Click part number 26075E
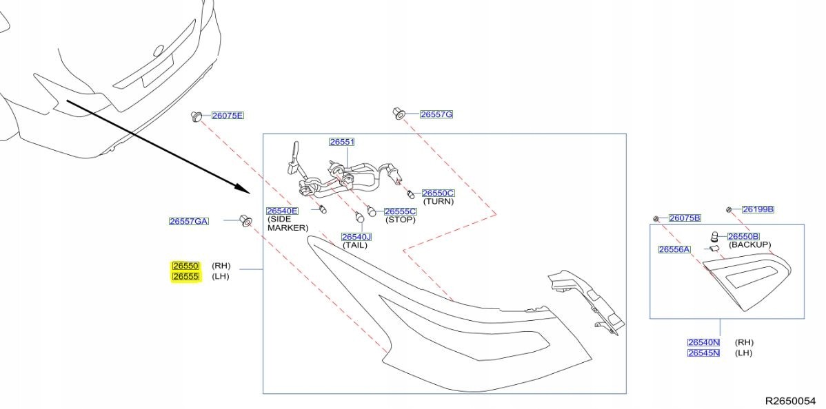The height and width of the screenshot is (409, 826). (228, 116)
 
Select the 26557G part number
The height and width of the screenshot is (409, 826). (436, 114)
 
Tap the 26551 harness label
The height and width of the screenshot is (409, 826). (341, 142)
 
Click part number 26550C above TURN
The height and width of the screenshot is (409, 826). (438, 193)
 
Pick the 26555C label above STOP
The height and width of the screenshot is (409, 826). (400, 211)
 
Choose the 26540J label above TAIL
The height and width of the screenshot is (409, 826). (356, 237)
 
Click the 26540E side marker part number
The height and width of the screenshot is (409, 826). (282, 211)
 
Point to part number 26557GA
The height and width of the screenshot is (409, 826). (188, 221)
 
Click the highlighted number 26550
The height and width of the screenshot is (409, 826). (185, 266)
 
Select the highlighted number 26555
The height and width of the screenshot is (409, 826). (185, 277)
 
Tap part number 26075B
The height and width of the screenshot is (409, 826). (684, 218)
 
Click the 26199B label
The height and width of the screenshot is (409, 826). (758, 209)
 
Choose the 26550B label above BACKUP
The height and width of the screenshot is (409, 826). (743, 236)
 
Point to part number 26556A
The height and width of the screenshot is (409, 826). (674, 249)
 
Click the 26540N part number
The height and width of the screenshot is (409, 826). (703, 342)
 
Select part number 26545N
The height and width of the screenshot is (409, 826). (703, 353)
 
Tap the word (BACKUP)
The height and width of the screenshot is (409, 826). (750, 245)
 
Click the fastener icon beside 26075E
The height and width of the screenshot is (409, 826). (197, 116)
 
